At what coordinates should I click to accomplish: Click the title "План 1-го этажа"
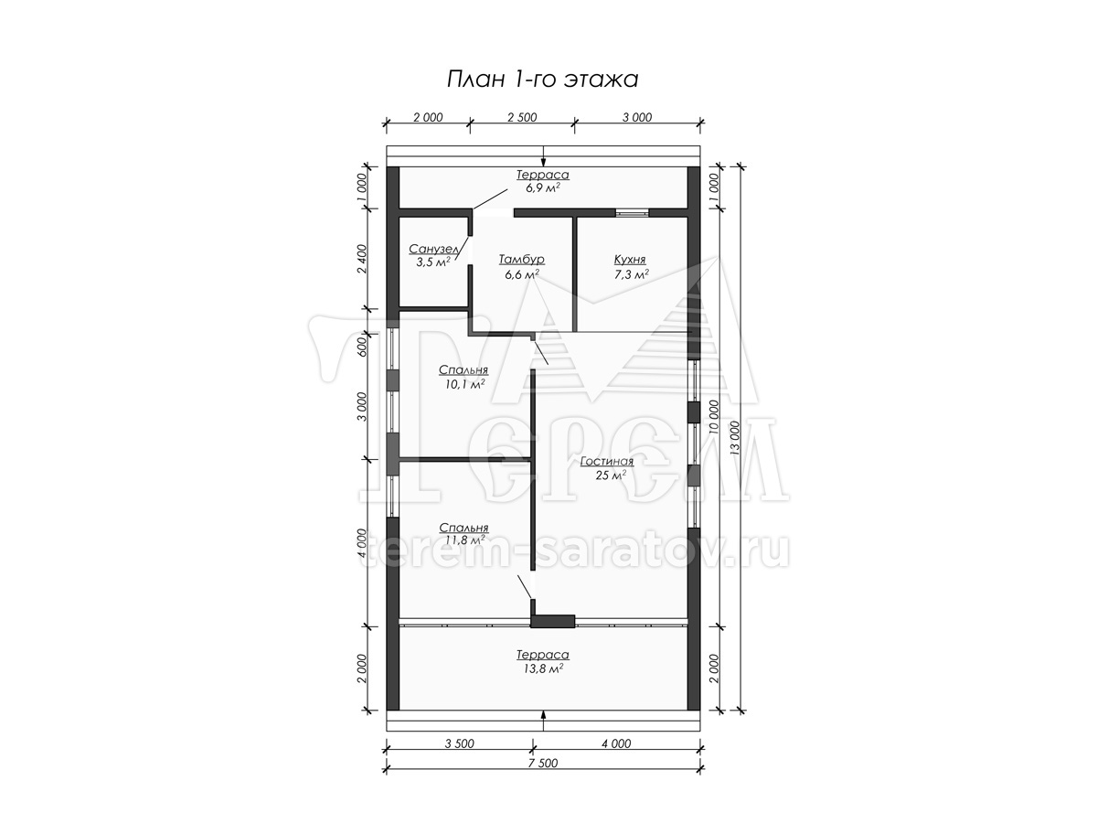[x=542, y=80]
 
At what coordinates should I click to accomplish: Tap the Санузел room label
[x=433, y=249]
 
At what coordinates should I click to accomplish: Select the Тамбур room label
[x=521, y=260]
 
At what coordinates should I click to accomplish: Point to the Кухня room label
[x=630, y=260]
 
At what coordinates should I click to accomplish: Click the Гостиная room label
[x=607, y=461]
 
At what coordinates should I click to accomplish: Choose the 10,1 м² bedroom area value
[x=464, y=384]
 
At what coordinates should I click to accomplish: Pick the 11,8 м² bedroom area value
[x=464, y=540]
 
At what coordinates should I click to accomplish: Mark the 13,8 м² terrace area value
[x=543, y=668]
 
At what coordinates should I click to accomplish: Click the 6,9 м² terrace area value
[x=543, y=187]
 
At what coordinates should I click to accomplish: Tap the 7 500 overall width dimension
[x=543, y=763]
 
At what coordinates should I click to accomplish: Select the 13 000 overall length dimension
[x=734, y=438]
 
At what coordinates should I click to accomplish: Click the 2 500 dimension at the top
[x=522, y=117]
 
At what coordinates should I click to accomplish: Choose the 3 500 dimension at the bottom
[x=459, y=743]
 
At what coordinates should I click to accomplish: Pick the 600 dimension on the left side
[x=362, y=346]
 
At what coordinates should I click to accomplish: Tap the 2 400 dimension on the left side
[x=362, y=259]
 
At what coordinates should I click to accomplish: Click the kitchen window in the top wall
[x=632, y=212]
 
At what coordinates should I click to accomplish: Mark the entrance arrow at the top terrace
[x=543, y=155]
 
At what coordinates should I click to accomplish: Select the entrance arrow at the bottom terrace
[x=543, y=721]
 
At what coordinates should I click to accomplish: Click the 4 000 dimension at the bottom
[x=616, y=743]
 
